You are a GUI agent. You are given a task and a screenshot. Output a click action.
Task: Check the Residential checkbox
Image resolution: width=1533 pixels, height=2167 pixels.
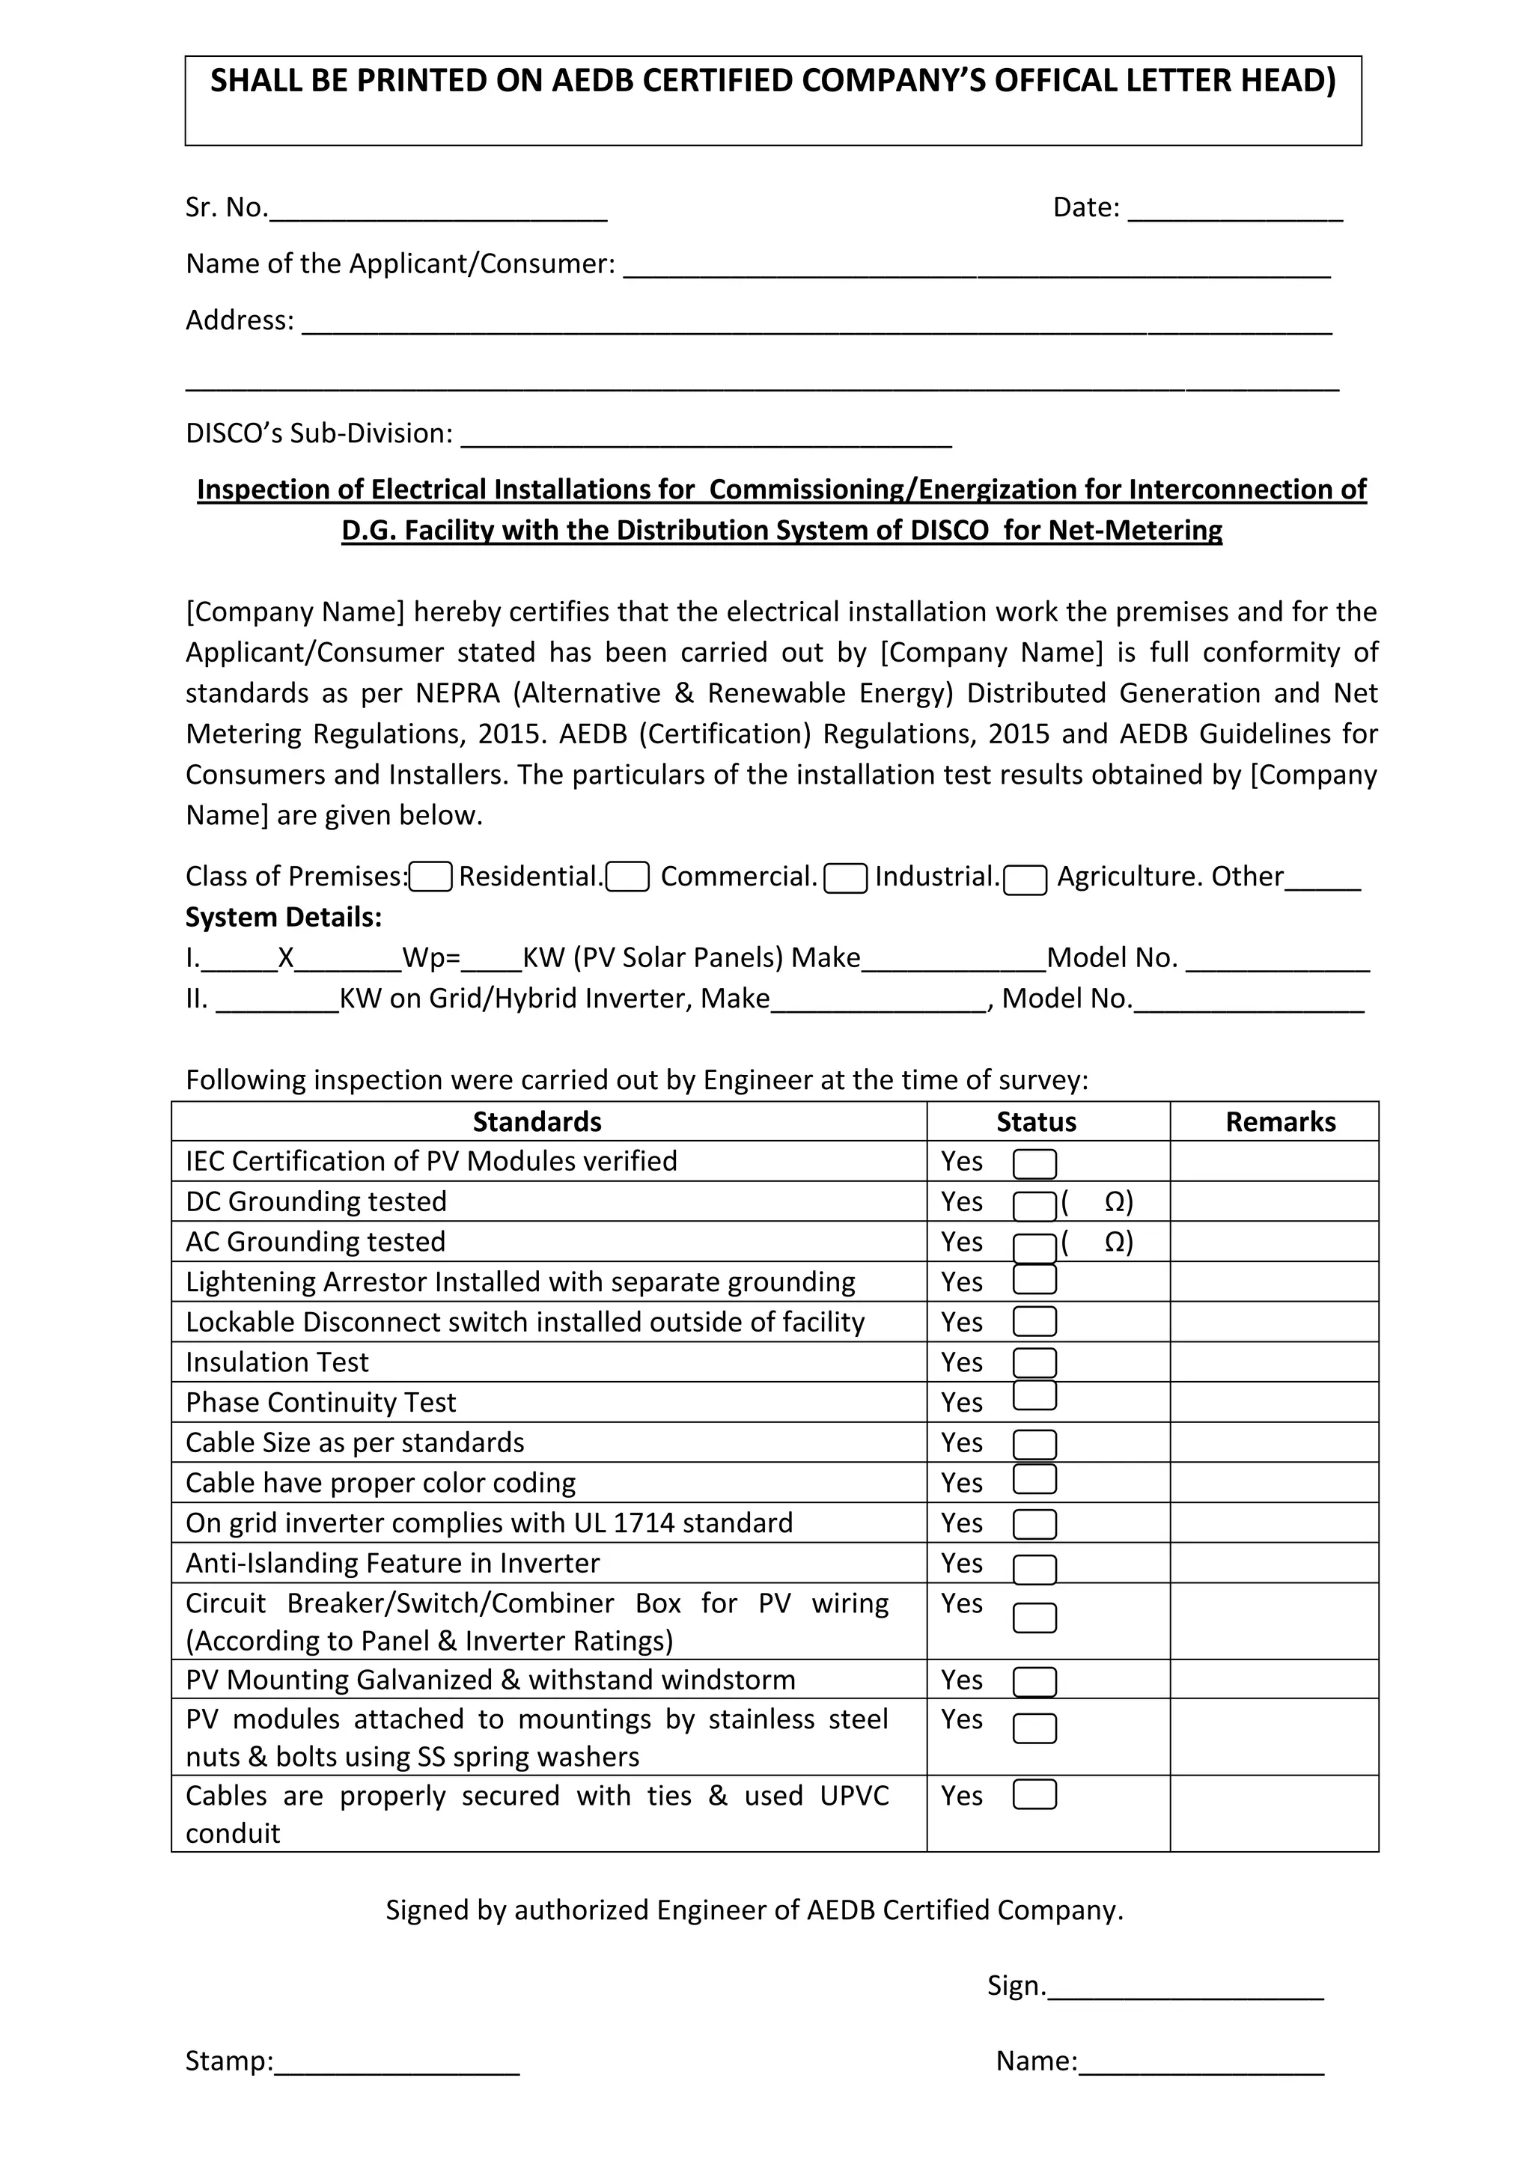(430, 878)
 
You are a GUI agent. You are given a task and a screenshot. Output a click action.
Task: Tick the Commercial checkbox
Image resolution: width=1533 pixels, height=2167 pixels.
(627, 878)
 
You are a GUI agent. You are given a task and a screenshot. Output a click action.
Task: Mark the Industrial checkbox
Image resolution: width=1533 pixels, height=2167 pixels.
(845, 879)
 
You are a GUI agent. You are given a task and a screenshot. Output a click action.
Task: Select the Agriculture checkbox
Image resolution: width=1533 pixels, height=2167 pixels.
(1025, 880)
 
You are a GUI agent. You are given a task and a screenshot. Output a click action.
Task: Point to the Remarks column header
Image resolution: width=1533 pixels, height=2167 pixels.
(1280, 1121)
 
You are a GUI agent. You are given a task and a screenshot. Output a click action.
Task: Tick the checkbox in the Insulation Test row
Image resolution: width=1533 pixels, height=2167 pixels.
(1034, 1363)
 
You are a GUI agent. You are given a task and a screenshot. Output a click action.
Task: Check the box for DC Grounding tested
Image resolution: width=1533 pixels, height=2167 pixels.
(1034, 1206)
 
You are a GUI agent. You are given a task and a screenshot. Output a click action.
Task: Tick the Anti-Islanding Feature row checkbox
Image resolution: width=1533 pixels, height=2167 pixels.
(1034, 1569)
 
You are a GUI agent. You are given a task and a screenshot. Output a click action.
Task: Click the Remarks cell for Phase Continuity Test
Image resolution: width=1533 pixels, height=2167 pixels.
(1274, 1403)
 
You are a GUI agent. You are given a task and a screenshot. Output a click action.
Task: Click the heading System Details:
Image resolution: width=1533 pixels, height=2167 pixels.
(283, 918)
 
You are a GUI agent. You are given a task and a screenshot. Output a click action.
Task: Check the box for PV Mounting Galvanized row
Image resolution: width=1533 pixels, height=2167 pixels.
(1034, 1682)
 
